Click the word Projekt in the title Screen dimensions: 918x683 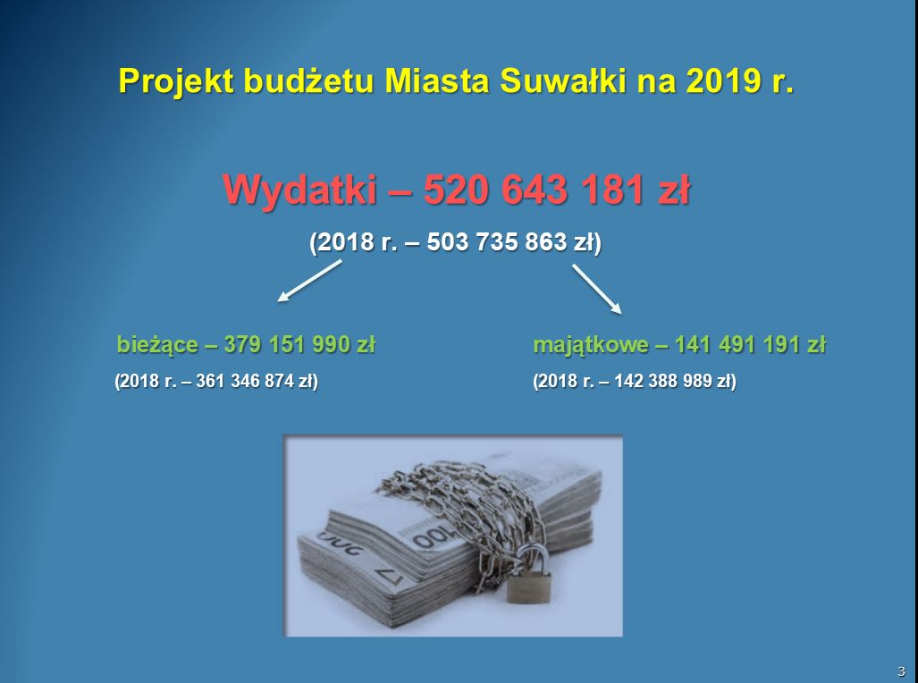tap(176, 81)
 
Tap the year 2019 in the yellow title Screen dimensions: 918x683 tap(724, 80)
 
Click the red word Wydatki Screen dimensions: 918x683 tap(299, 190)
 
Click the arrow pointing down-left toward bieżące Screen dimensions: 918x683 tap(309, 282)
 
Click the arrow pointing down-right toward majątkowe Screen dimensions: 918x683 tap(596, 289)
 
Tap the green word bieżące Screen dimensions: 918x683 tap(157, 345)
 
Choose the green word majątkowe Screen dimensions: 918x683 tap(591, 345)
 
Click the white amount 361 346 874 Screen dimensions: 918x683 tap(244, 382)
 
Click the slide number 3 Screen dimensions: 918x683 tap(901, 671)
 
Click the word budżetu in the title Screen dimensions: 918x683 tap(308, 80)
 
